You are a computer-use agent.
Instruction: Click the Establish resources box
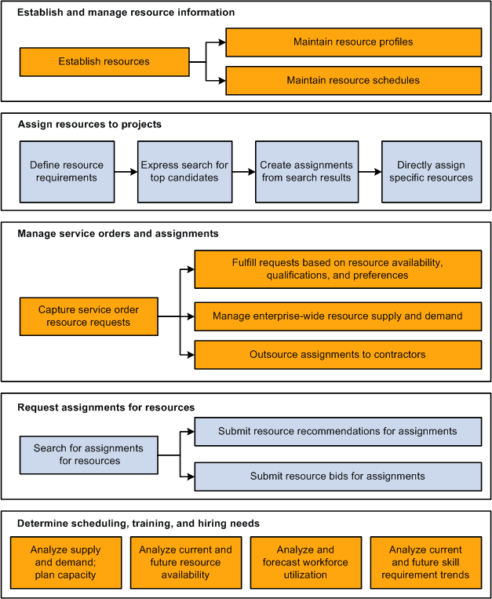pos(104,61)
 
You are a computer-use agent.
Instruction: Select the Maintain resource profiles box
pos(353,42)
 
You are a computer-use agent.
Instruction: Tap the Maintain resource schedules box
pos(353,80)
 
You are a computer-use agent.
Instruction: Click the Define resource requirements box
pos(67,171)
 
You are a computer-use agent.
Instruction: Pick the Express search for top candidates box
pos(184,171)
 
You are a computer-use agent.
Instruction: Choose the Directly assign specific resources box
pos(431,171)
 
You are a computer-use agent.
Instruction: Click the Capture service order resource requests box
pos(89,316)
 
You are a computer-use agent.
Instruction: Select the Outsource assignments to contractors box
pos(337,355)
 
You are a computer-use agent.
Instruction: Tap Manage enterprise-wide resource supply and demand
pos(337,316)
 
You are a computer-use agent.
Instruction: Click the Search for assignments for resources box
pos(89,455)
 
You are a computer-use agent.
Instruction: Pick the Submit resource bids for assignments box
pos(337,476)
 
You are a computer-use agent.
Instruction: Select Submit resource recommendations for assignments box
pos(337,431)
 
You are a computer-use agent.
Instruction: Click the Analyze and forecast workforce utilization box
pos(305,563)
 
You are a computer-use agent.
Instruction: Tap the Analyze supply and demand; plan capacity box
pos(67,563)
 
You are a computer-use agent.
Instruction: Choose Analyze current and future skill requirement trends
pos(425,563)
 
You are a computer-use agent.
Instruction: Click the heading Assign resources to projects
pos(89,124)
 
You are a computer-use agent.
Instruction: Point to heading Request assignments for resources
pos(106,407)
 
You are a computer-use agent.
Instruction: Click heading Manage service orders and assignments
pos(118,233)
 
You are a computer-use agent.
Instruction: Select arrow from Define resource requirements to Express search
pos(126,171)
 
